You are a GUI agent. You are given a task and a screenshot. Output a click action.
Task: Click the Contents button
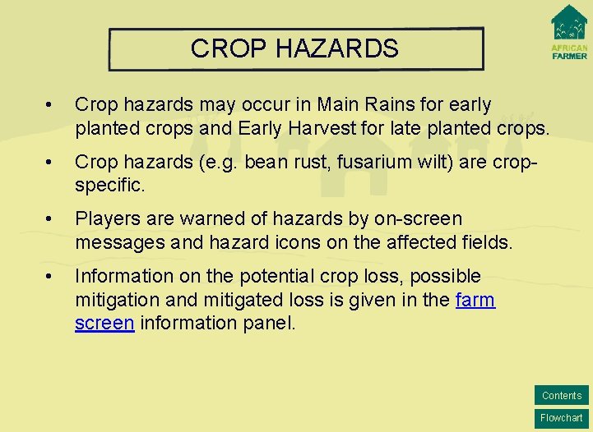pos(562,395)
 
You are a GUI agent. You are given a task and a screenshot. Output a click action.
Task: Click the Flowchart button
pos(562,418)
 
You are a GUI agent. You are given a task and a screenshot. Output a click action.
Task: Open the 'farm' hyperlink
pos(475,300)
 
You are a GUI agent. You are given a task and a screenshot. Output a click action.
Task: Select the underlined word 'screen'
pos(104,323)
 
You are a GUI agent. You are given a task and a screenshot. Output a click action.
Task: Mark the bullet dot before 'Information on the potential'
pos(52,277)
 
